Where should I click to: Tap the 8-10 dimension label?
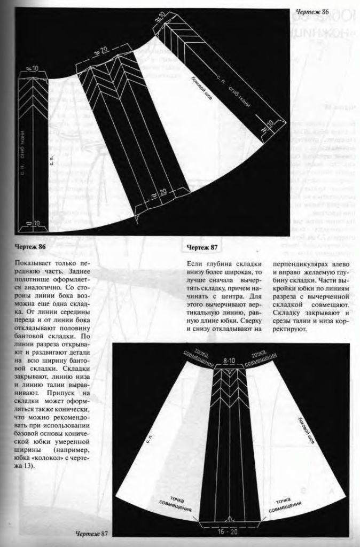230,362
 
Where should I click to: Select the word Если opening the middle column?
196,264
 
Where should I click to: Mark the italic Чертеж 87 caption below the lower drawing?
92,535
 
